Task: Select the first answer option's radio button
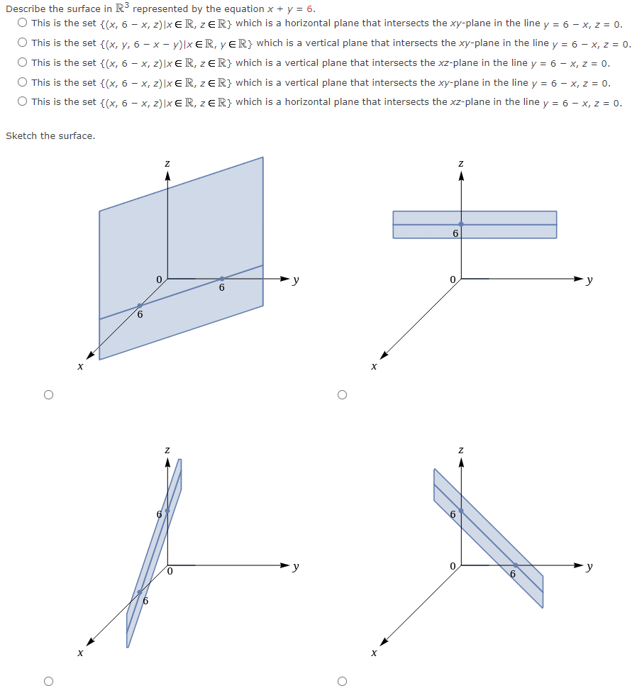click(x=23, y=23)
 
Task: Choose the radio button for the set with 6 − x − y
click(x=23, y=43)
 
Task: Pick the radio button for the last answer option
click(x=23, y=102)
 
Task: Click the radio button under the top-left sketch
click(x=48, y=394)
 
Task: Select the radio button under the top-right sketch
click(x=342, y=394)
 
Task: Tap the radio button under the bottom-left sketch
click(x=48, y=681)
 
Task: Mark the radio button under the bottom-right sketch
click(x=342, y=681)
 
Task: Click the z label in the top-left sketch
click(x=167, y=164)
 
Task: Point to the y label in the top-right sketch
click(x=589, y=280)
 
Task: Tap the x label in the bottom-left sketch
click(x=80, y=652)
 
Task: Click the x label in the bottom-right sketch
click(x=374, y=652)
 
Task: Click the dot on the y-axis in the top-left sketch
click(x=222, y=278)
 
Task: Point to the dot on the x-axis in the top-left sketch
click(x=140, y=306)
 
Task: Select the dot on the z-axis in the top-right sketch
click(x=461, y=224)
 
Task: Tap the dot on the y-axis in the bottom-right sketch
click(x=515, y=565)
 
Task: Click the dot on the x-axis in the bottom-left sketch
click(x=140, y=592)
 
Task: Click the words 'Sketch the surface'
click(x=50, y=135)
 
